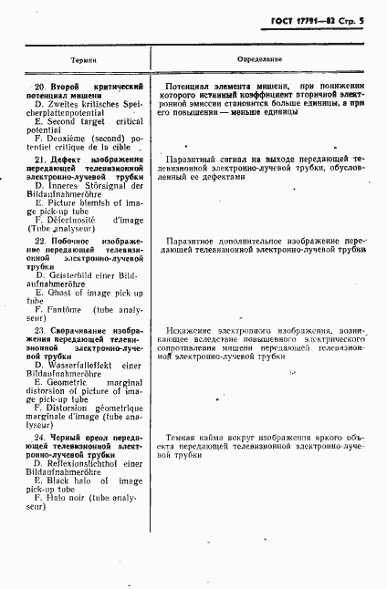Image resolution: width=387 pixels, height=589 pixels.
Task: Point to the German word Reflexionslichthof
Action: [88, 462]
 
